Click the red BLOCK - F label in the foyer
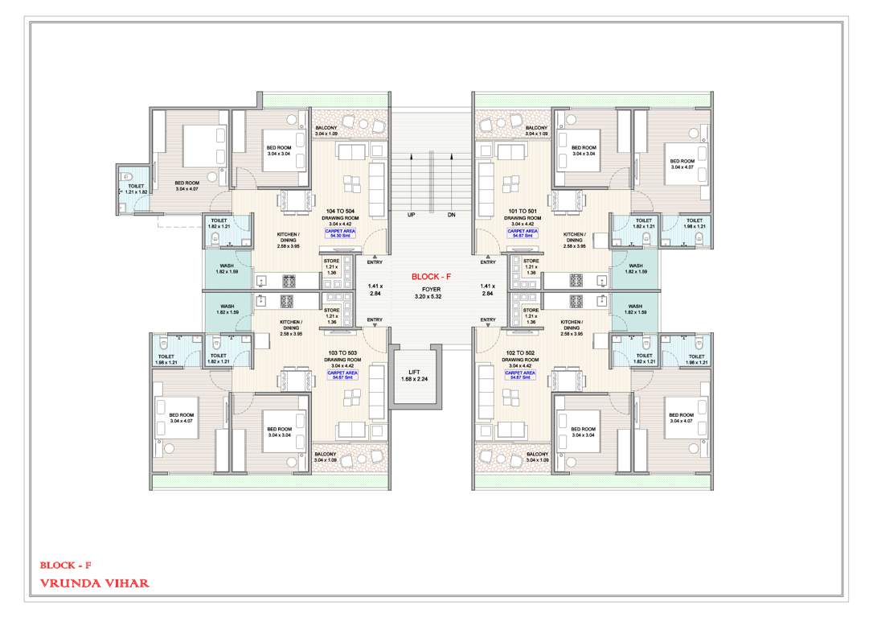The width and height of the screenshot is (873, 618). (x=432, y=276)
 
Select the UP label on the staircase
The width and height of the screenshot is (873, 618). (x=412, y=216)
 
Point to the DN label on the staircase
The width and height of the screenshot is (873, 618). (x=451, y=216)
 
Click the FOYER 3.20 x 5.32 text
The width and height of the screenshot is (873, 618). (x=432, y=291)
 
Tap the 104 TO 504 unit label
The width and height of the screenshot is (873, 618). (x=339, y=212)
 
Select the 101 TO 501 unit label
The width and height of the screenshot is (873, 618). (x=523, y=212)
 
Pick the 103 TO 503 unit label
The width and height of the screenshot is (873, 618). (x=339, y=354)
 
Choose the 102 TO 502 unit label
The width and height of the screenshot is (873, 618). (x=523, y=354)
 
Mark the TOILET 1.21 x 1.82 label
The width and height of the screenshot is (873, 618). (x=136, y=189)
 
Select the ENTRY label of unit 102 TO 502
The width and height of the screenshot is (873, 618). (x=487, y=320)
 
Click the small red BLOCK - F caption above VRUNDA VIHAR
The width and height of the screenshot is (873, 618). (x=66, y=565)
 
